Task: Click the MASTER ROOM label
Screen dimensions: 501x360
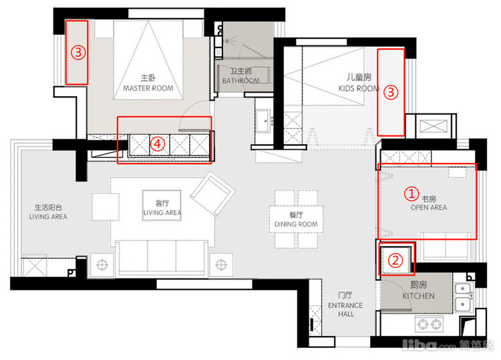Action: [148, 88]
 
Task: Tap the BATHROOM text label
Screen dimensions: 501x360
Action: [240, 81]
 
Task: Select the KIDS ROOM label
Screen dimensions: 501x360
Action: [359, 88]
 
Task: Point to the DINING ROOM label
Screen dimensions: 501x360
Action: [296, 224]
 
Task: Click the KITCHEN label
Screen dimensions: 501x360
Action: [418, 296]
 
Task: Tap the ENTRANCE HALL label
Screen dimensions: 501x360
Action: [345, 309]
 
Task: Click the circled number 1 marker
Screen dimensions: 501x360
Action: [411, 194]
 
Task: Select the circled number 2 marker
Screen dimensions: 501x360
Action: [395, 260]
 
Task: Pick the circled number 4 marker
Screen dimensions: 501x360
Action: [157, 144]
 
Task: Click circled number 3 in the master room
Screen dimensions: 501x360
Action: [78, 52]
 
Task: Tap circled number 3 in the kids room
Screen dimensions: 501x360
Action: [391, 93]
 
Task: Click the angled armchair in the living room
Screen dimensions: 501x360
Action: [212, 193]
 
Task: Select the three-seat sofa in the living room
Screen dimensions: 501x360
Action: [162, 258]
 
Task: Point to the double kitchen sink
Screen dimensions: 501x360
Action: [463, 296]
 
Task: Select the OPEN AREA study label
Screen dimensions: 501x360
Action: [429, 208]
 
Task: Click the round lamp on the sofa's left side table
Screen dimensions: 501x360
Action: [102, 264]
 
